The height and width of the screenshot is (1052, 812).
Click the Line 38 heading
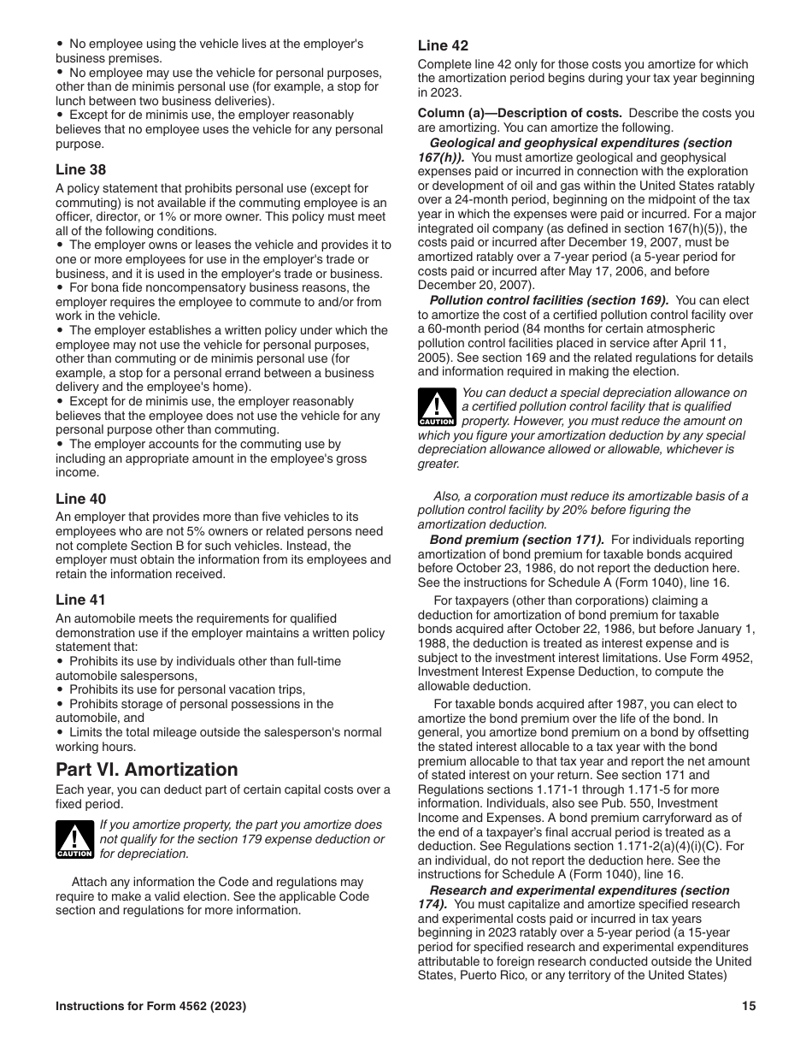(81, 169)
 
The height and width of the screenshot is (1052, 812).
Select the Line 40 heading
(81, 499)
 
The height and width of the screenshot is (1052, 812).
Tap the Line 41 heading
(81, 600)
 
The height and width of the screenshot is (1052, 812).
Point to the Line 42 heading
(443, 45)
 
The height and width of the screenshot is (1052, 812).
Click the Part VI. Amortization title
(147, 769)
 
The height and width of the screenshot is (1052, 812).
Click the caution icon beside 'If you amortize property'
(74, 838)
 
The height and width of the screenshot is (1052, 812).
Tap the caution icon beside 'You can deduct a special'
(437, 407)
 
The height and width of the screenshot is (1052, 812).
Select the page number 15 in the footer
(749, 1007)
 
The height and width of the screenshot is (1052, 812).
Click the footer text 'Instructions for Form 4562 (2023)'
(151, 1007)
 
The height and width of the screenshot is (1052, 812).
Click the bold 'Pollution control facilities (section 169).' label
(549, 300)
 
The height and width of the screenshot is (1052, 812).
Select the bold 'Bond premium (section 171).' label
(516, 540)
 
